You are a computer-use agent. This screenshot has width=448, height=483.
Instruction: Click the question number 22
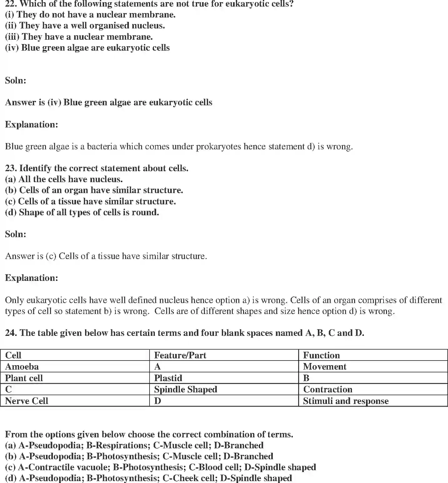[11, 4]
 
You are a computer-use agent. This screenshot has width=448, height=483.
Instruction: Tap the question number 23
[11, 168]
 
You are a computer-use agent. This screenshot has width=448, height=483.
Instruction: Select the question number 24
[11, 333]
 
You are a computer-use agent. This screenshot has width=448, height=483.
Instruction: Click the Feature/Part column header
[180, 355]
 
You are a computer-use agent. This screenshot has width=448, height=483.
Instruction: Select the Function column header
[321, 355]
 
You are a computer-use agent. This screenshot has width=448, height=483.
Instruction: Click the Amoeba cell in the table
[22, 366]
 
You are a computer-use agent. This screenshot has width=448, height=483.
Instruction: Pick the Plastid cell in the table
[168, 378]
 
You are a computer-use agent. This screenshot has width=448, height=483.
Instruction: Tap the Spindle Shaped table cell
[186, 389]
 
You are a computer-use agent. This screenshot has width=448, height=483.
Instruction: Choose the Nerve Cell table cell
[27, 401]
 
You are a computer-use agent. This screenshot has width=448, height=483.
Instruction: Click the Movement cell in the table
[324, 366]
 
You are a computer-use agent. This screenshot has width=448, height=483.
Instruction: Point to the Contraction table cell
[328, 389]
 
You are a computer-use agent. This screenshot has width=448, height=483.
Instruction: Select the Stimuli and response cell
[346, 401]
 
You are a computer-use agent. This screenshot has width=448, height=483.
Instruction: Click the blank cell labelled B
[306, 378]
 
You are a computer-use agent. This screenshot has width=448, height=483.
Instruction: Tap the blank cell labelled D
[158, 401]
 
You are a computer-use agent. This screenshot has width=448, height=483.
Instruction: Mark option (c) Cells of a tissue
[90, 202]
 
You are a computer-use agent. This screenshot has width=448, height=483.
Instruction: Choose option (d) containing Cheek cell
[148, 478]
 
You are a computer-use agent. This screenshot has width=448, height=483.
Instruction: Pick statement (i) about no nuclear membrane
[90, 15]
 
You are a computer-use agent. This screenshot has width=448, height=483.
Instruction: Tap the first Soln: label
[16, 81]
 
